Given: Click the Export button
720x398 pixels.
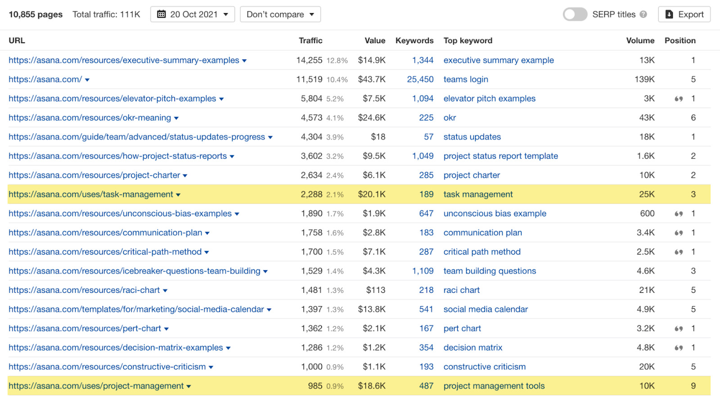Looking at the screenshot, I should (x=684, y=14).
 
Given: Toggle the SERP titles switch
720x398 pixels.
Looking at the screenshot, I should (x=575, y=14).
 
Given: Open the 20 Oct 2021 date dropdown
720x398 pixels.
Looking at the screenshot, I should (x=193, y=14).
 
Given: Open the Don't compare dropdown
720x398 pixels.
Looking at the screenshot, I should (x=280, y=14).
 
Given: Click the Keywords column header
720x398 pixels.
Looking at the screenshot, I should (x=414, y=40).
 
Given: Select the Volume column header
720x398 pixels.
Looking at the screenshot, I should (x=640, y=40).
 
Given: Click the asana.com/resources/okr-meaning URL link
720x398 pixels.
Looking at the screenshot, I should (x=90, y=118).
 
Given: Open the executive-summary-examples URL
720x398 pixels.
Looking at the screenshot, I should (x=124, y=60).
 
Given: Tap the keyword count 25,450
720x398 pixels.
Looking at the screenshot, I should (x=420, y=80).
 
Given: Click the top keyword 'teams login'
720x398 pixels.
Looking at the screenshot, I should (x=466, y=80).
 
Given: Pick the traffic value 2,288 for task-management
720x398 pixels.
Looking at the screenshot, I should (x=311, y=194).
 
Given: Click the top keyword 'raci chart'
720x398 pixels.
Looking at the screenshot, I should (x=462, y=290).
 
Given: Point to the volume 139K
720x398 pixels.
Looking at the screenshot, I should (x=644, y=80).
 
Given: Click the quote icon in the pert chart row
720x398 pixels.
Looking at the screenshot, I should (x=679, y=329).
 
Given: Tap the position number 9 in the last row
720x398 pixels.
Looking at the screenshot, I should (x=693, y=386).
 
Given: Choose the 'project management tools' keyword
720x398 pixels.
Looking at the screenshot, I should (x=494, y=386).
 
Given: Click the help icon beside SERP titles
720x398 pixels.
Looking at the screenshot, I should (x=643, y=14).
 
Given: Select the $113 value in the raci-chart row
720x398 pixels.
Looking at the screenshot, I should (x=376, y=290).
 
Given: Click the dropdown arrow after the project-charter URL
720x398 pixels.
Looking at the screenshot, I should (x=185, y=176).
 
